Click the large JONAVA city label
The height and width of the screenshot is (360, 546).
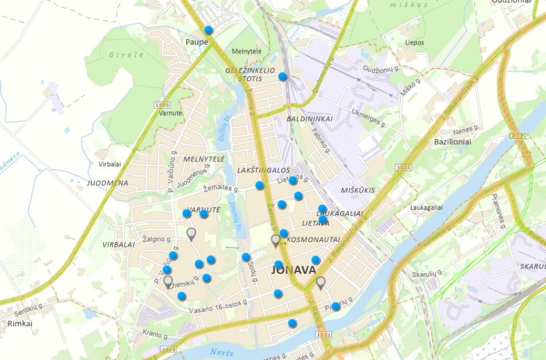pyautogui.click(x=293, y=270)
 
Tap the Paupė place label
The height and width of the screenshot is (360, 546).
pyautogui.click(x=195, y=41)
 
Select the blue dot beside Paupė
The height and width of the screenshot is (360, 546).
pyautogui.click(x=209, y=30)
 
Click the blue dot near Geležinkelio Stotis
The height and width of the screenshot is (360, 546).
pyautogui.click(x=283, y=76)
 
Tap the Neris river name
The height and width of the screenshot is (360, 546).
pyautogui.click(x=222, y=352)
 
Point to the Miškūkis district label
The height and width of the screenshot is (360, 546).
pyautogui.click(x=357, y=190)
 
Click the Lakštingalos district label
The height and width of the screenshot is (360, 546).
pyautogui.click(x=263, y=170)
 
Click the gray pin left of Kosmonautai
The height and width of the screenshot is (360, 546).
pyautogui.click(x=276, y=240)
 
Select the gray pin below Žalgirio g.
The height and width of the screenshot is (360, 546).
pyautogui.click(x=191, y=233)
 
